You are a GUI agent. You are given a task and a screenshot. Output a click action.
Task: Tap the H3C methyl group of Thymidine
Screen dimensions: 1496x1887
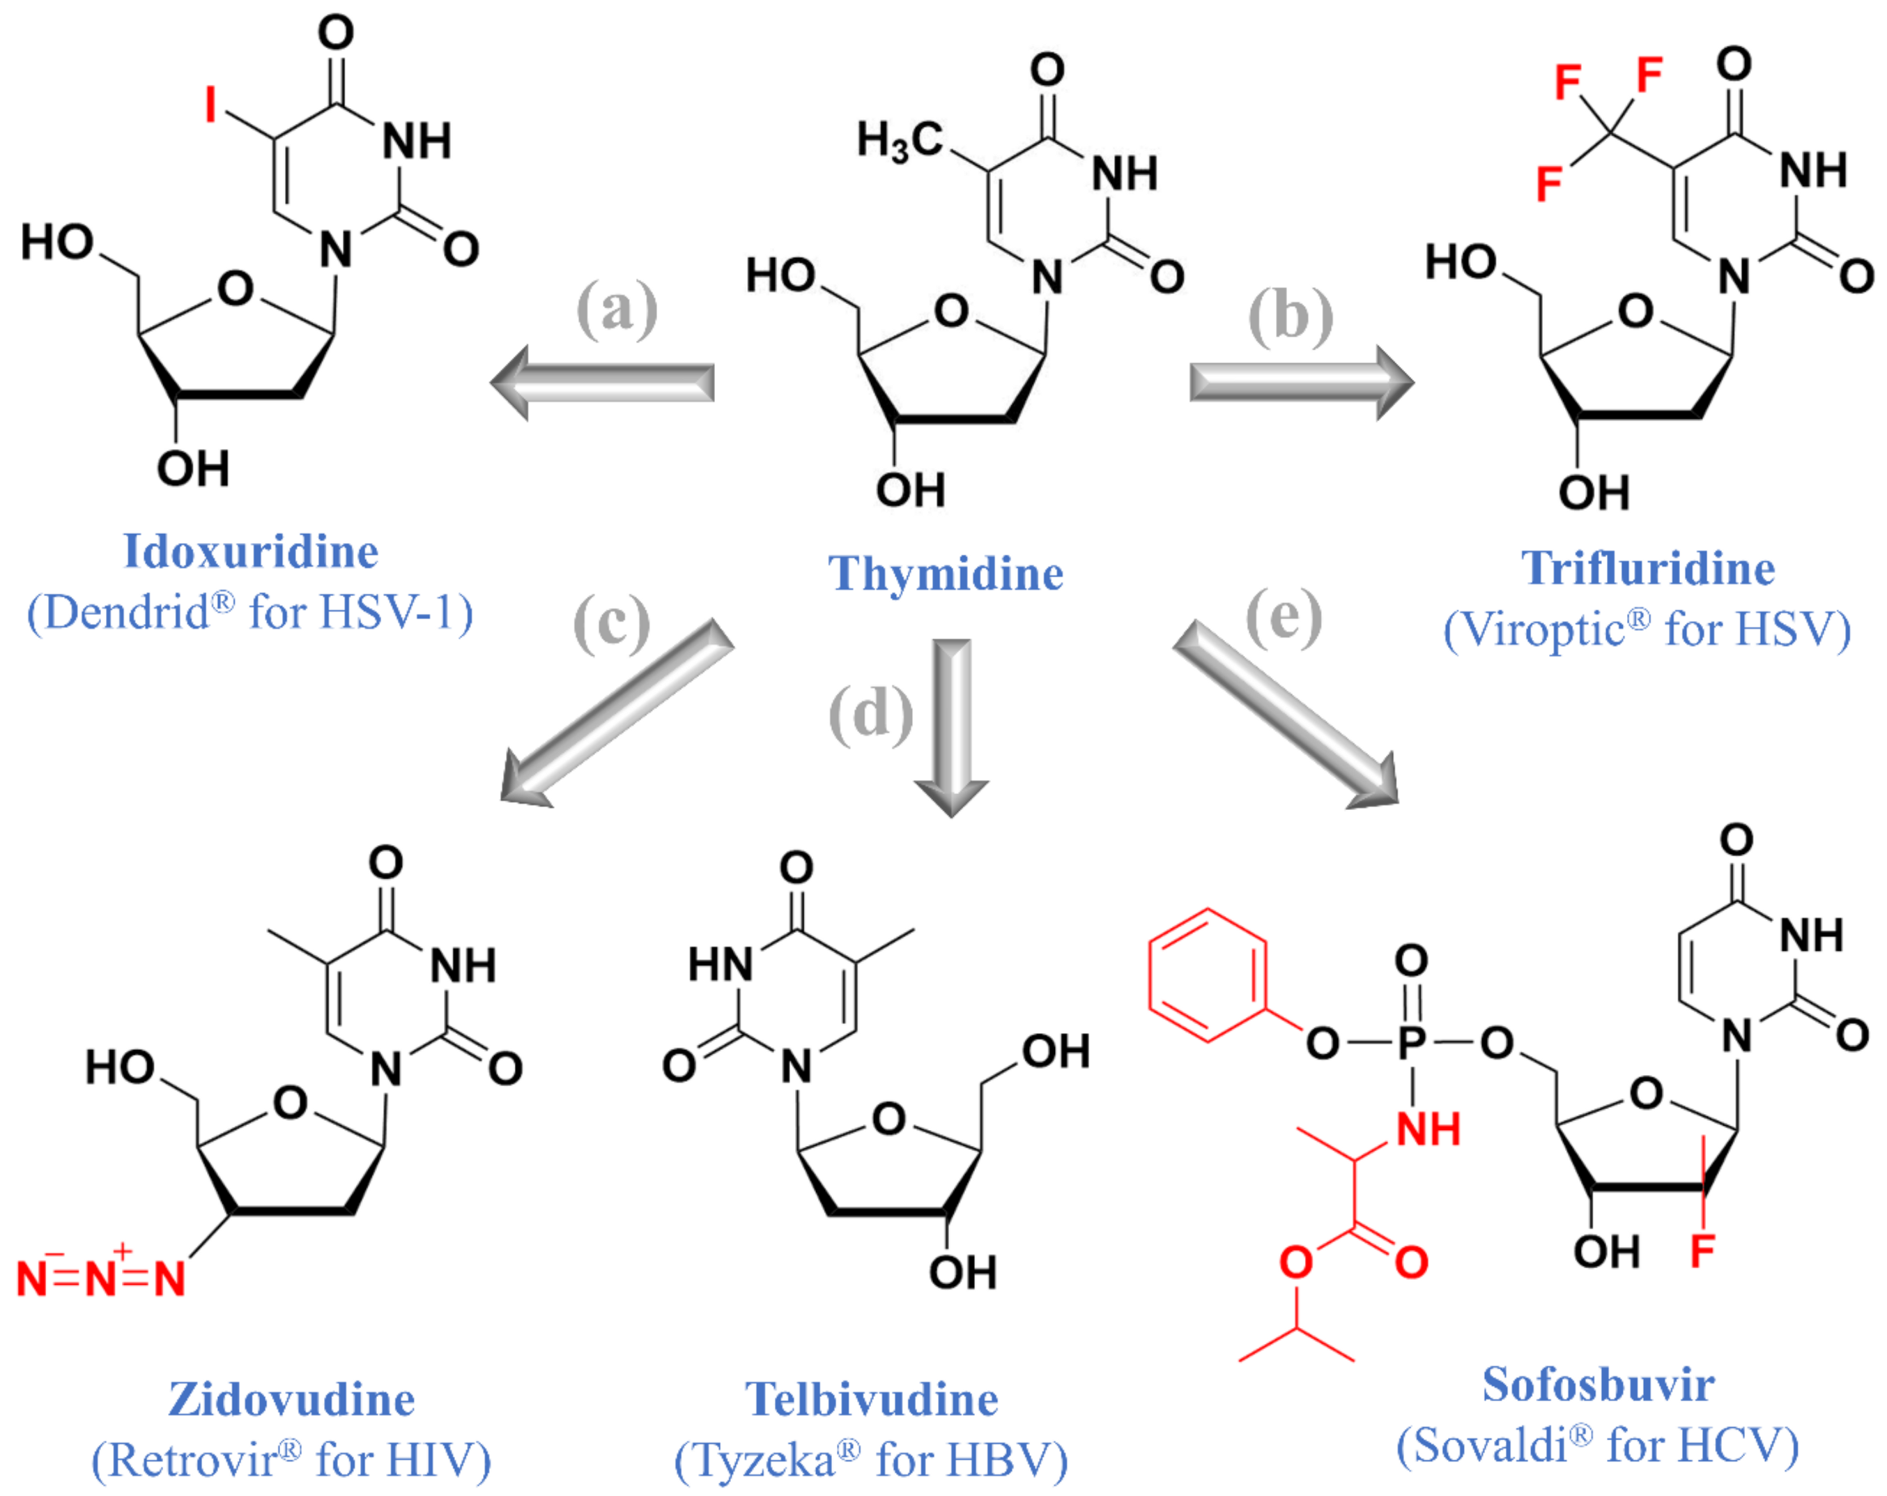tap(900, 141)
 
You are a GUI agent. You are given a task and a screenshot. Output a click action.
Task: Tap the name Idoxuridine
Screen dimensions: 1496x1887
tap(251, 551)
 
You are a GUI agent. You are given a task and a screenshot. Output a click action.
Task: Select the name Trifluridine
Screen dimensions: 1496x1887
tap(1648, 568)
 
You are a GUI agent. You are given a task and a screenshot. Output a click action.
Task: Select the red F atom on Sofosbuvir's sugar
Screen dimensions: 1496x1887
tap(1702, 1250)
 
